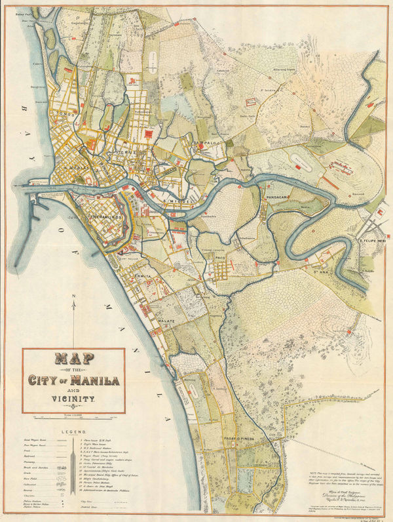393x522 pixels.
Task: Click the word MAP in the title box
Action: (x=73, y=360)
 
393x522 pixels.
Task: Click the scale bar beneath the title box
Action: (x=73, y=416)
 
